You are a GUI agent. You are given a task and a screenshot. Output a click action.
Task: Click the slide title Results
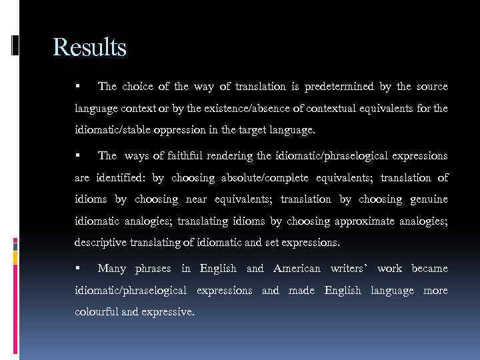click(89, 47)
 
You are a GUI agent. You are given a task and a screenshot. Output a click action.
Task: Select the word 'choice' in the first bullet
click(137, 87)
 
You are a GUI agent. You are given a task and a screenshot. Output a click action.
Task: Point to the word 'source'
click(431, 87)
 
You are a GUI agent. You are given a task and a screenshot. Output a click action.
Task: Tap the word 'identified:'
click(122, 178)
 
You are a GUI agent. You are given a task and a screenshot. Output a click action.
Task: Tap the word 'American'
click(297, 268)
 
